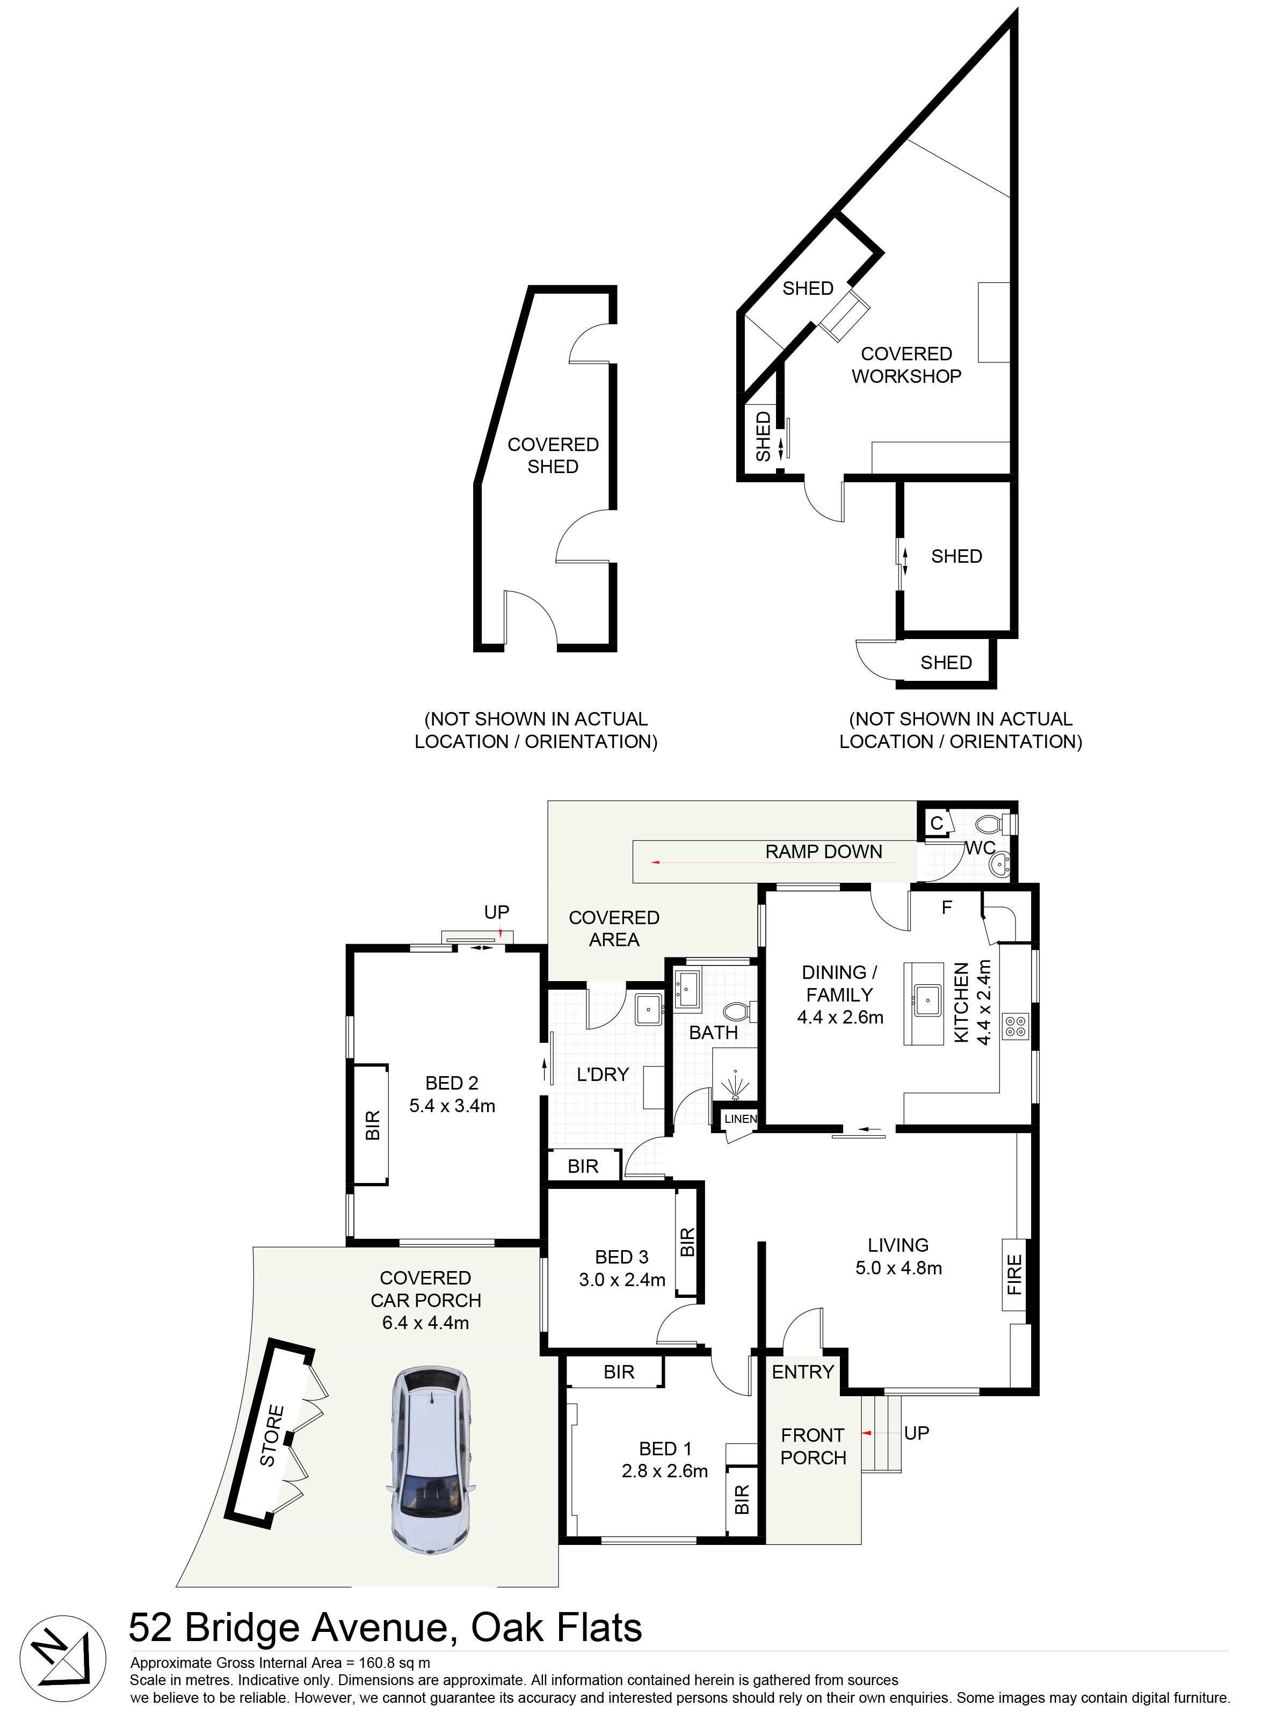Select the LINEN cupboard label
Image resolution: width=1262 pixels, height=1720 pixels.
tap(740, 1119)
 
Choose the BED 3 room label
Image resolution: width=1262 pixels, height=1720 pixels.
tap(622, 1257)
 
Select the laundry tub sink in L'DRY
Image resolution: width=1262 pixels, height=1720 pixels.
tap(649, 1009)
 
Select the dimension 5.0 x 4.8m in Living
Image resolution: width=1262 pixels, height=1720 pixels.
tap(898, 1268)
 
